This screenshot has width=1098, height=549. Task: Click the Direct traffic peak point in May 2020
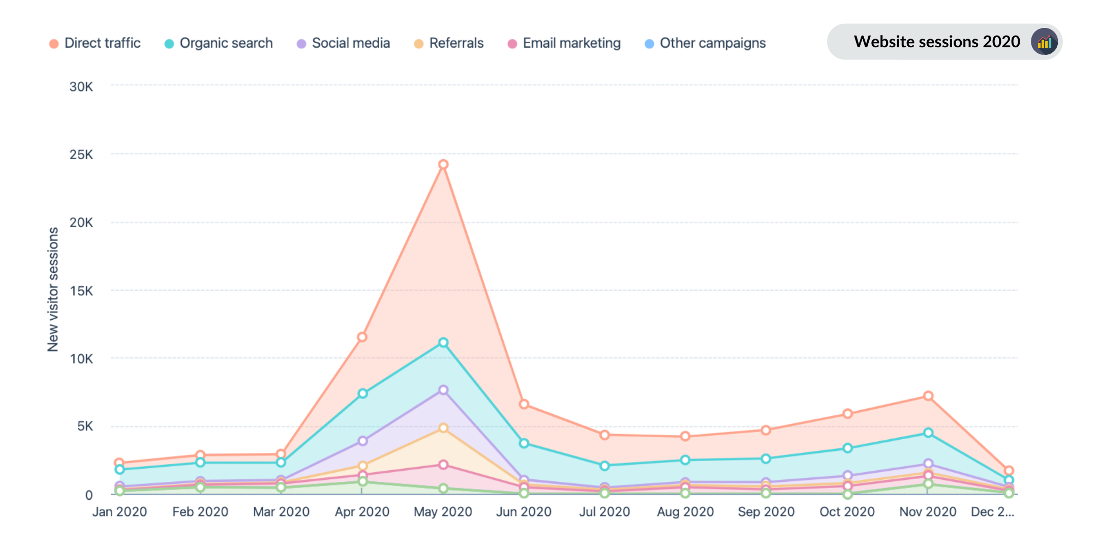pyautogui.click(x=443, y=164)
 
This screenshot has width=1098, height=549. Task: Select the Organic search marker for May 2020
pyautogui.click(x=443, y=343)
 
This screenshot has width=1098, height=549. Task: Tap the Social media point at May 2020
pyautogui.click(x=443, y=390)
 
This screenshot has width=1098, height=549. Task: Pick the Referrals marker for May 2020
pyautogui.click(x=443, y=428)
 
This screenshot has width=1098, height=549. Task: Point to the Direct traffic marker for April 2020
pyautogui.click(x=362, y=337)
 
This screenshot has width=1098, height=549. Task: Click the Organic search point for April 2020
pyautogui.click(x=362, y=393)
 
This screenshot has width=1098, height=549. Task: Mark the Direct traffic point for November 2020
pyautogui.click(x=928, y=396)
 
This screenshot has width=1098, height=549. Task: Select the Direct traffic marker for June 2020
pyautogui.click(x=524, y=404)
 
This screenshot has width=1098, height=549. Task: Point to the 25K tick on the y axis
pyautogui.click(x=81, y=155)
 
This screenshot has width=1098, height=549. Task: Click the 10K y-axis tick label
pyautogui.click(x=81, y=359)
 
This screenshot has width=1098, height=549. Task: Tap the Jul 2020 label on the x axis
pyautogui.click(x=604, y=512)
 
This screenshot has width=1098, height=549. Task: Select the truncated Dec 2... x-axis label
pyautogui.click(x=992, y=512)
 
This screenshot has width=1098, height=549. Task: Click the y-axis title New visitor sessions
pyautogui.click(x=53, y=289)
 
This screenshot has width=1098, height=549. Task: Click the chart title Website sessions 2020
pyautogui.click(x=936, y=42)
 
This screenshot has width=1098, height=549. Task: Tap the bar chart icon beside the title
pyautogui.click(x=1045, y=42)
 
